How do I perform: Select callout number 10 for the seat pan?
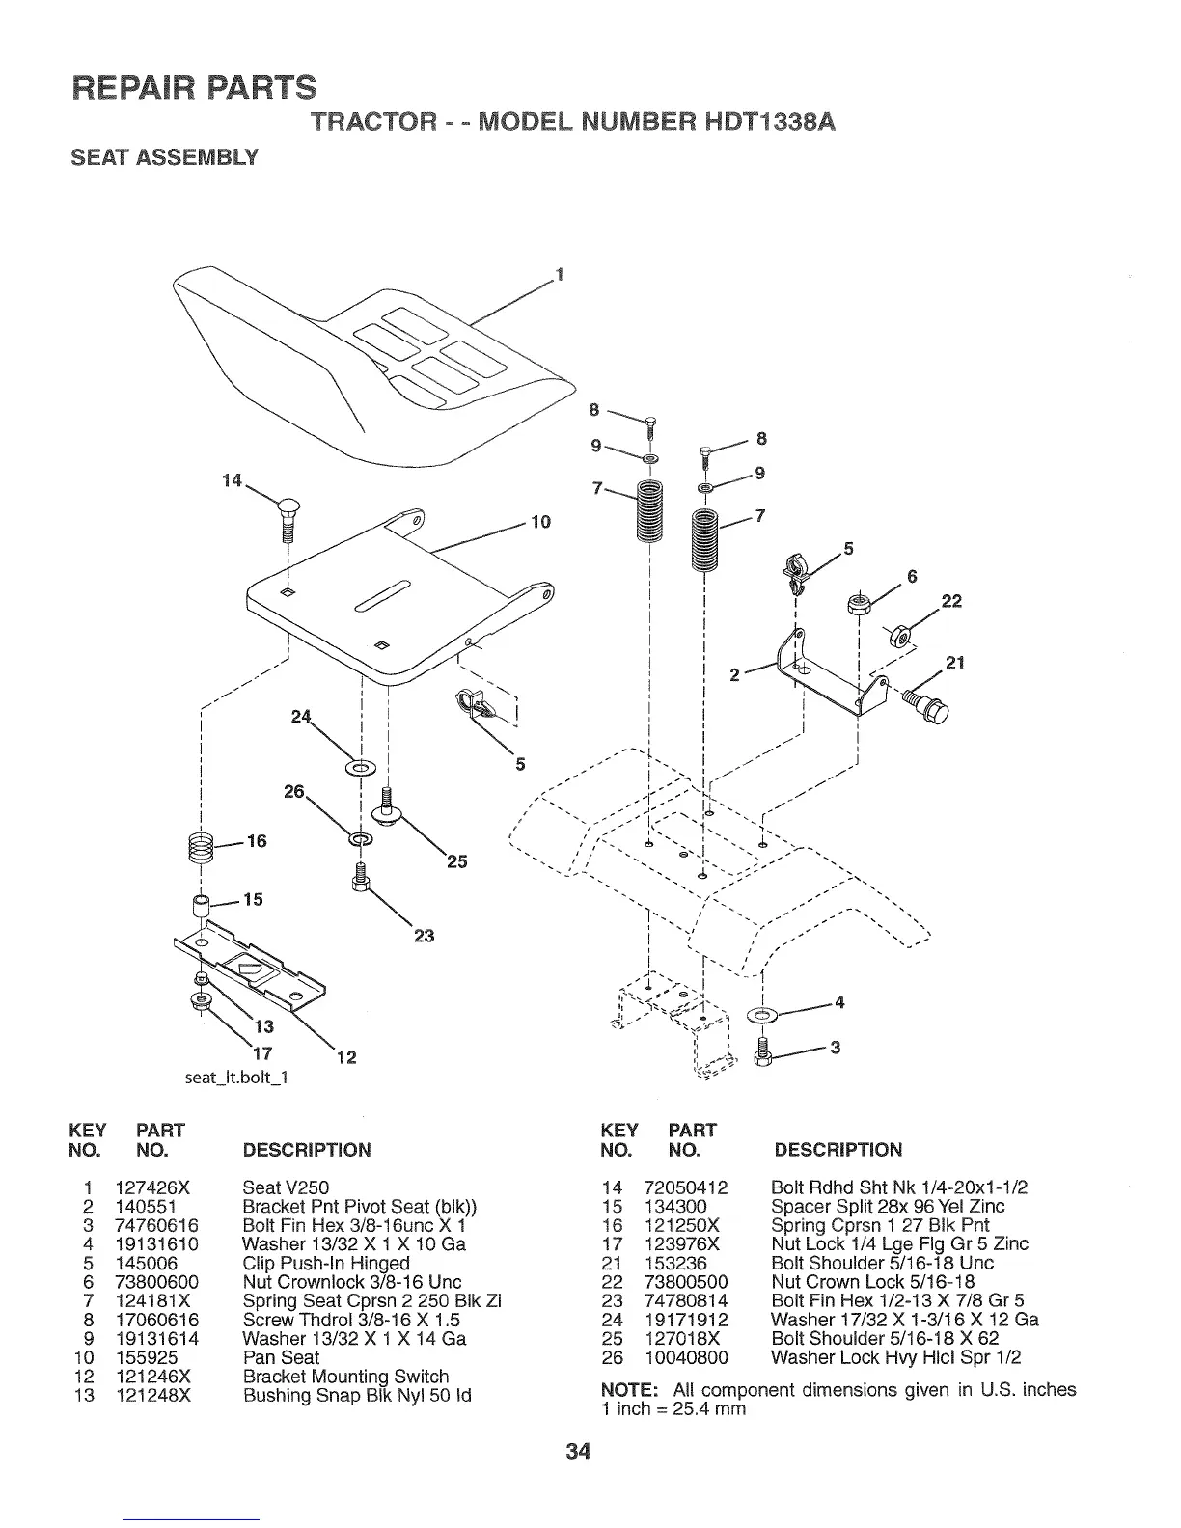(539, 523)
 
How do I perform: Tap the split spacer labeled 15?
(201, 907)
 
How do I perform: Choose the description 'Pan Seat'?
(281, 1357)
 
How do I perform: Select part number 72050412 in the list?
(685, 1187)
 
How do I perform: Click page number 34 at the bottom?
(590, 1451)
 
